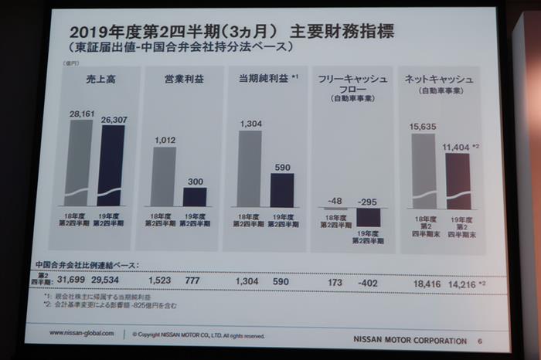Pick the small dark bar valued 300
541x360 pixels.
pos(195,196)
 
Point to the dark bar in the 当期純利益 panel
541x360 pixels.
pos(282,189)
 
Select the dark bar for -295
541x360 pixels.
pos(369,216)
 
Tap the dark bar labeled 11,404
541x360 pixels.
pos(457,181)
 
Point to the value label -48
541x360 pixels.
pos(335,201)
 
